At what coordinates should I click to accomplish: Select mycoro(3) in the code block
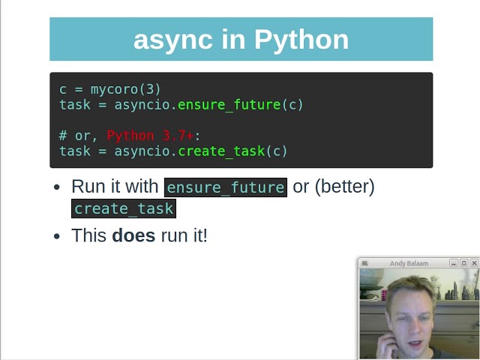click(126, 89)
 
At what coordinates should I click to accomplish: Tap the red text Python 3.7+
click(150, 136)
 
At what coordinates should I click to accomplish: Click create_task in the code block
click(221, 151)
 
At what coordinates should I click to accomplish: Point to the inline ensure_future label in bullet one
click(225, 187)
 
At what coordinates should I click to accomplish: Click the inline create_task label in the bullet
click(124, 208)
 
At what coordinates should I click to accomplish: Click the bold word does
click(133, 235)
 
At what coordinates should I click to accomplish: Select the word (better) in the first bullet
click(344, 187)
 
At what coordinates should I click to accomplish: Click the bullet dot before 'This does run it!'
click(57, 236)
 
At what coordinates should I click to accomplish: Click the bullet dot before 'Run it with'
click(57, 187)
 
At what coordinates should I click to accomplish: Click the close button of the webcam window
click(474, 263)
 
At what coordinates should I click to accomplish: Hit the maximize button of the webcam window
click(463, 263)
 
